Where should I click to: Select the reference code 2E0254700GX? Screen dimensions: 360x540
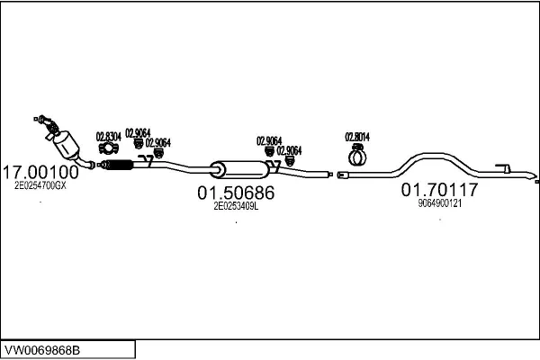[x=40, y=185]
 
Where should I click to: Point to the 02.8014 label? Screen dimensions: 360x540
[x=357, y=137]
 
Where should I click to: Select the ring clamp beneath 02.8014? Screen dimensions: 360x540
[x=357, y=158]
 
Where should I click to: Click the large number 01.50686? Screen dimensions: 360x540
[x=235, y=193]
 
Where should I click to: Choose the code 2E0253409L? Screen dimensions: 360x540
[x=235, y=206]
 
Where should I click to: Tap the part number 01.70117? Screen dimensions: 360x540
[x=439, y=191]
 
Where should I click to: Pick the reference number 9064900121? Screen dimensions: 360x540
[x=440, y=203]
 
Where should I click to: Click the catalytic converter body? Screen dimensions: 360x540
[x=66, y=144]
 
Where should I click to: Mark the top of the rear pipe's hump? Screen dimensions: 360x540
[x=424, y=156]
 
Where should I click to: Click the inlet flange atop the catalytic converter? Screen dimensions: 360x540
[x=41, y=118]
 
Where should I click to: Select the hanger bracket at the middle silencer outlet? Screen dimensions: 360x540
[x=277, y=166]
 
